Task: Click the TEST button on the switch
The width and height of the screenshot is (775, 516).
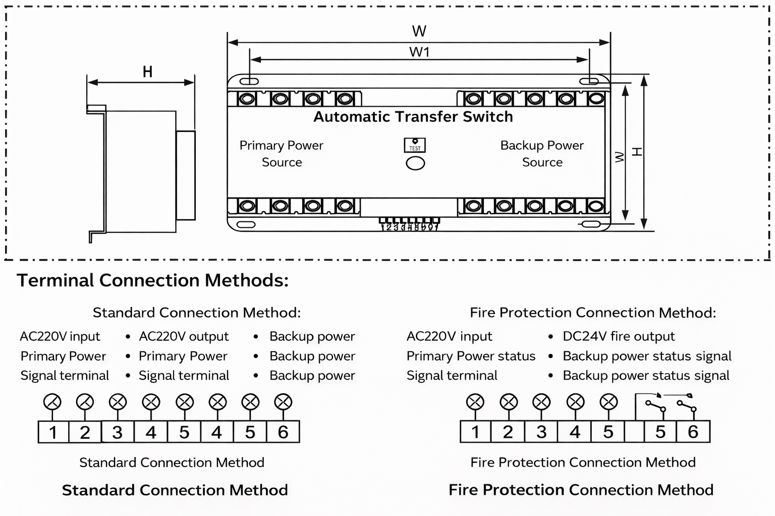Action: point(415,145)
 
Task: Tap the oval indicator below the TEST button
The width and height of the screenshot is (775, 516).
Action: point(415,163)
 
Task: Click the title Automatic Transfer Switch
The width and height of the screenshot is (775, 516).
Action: point(413,117)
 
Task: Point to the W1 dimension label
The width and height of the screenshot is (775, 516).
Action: point(419,52)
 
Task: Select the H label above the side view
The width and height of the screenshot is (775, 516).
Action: point(147,72)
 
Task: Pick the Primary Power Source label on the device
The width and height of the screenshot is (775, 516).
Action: point(282,154)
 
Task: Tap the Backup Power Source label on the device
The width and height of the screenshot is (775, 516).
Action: point(542,154)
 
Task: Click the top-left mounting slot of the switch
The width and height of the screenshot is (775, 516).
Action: point(249,81)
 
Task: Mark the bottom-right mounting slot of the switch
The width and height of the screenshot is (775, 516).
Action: point(590,225)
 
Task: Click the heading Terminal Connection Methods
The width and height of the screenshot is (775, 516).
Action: point(152,280)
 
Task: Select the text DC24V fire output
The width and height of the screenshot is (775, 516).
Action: point(619,336)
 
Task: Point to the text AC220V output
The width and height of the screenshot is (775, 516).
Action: point(184,336)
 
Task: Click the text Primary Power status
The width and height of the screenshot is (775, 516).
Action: point(471,356)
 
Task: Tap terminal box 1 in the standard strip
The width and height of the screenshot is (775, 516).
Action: point(53,432)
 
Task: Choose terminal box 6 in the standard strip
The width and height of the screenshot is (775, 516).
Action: point(283,432)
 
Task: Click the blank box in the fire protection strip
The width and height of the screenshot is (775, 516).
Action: point(634,432)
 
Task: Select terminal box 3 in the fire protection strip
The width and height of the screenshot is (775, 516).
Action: point(541,432)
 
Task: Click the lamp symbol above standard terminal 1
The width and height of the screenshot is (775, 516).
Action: point(52,402)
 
